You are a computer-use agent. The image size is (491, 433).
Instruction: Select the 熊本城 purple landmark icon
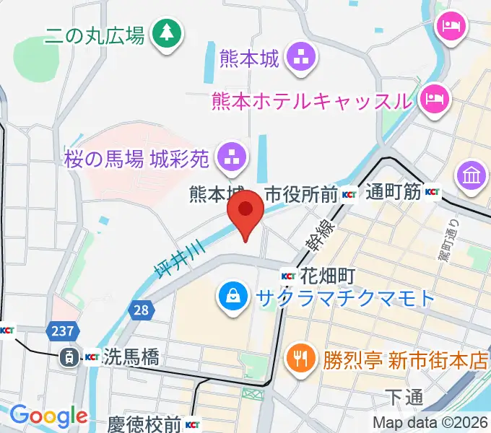(297, 58)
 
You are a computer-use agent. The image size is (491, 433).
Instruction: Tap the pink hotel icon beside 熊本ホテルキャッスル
(434, 96)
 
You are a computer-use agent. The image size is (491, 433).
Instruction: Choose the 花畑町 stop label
(321, 275)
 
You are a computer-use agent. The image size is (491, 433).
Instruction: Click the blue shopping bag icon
(233, 297)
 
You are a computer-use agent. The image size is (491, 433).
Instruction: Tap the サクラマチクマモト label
(342, 297)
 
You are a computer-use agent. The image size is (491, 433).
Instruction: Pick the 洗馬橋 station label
(131, 357)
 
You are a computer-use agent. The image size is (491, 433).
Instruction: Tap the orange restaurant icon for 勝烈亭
(298, 358)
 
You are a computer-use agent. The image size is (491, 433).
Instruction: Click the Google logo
(48, 415)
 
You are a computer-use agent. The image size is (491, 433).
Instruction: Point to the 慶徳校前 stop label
(144, 424)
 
